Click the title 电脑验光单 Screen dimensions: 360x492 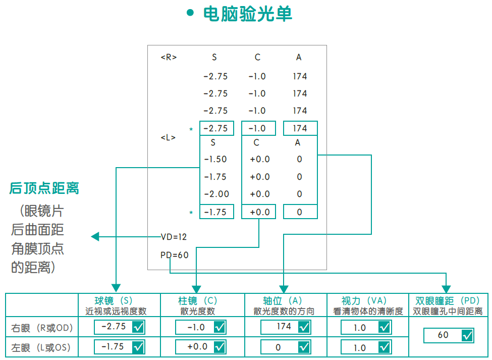247,14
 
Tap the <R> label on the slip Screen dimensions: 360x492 169,58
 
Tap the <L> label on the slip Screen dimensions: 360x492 168,137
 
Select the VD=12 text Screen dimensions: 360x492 174,236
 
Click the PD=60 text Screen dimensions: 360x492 174,255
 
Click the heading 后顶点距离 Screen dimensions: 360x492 44,189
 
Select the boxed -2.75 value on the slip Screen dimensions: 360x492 216,128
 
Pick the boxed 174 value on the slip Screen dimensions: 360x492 300,128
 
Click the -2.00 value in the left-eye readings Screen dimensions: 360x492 216,194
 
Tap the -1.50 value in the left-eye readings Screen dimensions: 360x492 215,160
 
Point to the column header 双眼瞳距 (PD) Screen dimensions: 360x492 447,300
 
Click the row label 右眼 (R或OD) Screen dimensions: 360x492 42,328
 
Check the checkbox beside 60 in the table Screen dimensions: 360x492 467,335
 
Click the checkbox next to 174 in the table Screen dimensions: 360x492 304,327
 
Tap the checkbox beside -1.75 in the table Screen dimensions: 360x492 138,347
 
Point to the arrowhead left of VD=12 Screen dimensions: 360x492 95,236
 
